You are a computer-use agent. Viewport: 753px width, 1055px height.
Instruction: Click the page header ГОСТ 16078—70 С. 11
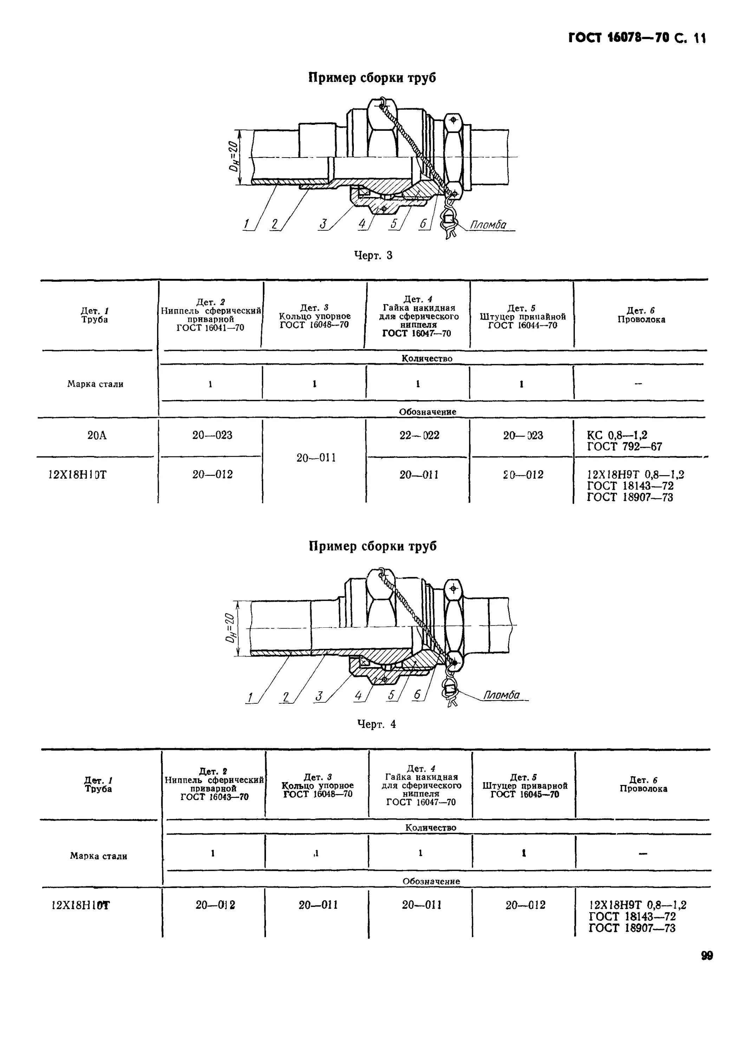point(637,38)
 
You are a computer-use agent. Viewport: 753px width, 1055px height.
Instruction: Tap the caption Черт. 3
point(373,255)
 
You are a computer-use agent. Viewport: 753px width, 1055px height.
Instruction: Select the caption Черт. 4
point(377,724)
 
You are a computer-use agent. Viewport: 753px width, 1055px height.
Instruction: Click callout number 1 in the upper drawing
point(247,225)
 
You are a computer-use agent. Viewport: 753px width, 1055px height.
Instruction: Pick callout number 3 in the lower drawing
point(319,696)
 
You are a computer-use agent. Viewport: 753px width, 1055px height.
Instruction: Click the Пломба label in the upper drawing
point(488,225)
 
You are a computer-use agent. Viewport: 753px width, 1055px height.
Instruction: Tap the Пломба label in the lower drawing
point(501,695)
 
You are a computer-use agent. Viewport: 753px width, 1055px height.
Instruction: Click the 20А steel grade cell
point(96,435)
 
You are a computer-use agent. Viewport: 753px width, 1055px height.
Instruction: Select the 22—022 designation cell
point(419,435)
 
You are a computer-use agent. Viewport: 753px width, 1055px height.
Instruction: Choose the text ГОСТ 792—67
point(624,447)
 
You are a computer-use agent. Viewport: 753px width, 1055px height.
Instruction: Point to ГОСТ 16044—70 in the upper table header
point(522,325)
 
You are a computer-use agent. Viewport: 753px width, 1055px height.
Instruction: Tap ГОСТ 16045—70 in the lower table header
point(525,794)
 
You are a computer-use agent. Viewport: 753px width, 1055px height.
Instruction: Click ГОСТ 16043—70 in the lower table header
point(214,797)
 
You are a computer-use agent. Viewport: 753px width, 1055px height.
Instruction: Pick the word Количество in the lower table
point(431,827)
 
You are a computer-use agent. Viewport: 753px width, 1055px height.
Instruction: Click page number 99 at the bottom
point(707,956)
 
